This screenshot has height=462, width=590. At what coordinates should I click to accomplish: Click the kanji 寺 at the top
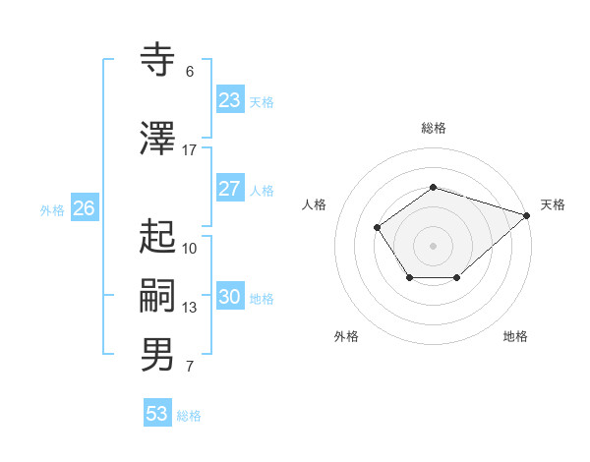158,61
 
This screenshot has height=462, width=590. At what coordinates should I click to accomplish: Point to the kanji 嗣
158,296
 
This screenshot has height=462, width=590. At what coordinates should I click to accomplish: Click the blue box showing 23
230,100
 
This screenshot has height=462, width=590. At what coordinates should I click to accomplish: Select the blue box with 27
230,189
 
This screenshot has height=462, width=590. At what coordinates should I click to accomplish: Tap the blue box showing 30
230,297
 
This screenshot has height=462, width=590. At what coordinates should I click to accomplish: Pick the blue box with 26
85,208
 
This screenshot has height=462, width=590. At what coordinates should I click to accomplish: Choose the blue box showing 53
157,414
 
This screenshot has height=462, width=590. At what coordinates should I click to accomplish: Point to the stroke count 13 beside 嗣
190,308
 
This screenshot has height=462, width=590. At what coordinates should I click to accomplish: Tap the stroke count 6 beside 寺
190,72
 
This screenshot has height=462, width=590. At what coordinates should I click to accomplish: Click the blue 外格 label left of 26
52,209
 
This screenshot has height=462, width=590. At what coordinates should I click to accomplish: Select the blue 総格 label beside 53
189,416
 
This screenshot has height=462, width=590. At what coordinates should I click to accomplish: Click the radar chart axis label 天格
553,204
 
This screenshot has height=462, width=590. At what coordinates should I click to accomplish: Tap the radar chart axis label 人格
315,204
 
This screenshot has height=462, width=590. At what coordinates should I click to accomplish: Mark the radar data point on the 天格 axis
528,214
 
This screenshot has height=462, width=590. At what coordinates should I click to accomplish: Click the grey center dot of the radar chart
433,245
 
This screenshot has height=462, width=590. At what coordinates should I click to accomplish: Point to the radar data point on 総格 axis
433,187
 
